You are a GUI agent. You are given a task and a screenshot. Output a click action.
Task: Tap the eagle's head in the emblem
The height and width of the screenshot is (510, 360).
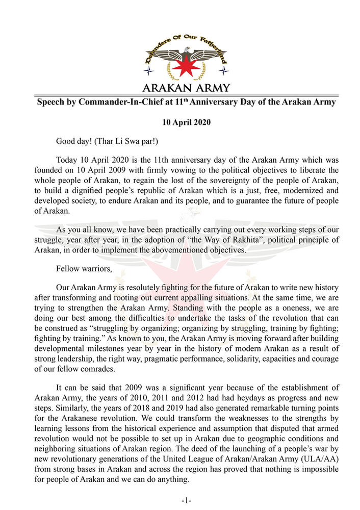coord(187,50)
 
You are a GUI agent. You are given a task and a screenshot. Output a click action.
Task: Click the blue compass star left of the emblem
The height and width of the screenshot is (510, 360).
coord(148,70)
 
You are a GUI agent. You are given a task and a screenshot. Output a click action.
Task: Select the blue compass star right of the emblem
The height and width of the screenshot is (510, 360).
coord(224,70)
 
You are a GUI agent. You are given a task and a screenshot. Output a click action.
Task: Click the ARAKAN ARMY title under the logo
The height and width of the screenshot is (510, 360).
coord(186,88)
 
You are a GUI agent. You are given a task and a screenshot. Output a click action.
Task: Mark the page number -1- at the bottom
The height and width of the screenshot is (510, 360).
coord(186,500)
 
